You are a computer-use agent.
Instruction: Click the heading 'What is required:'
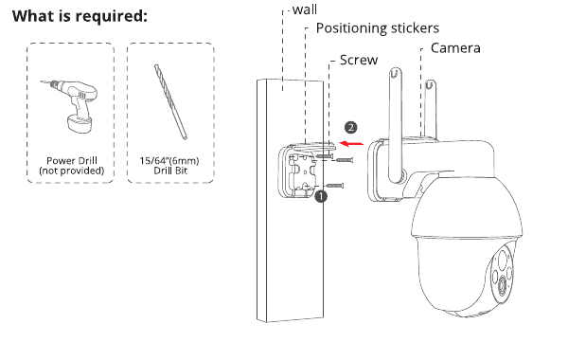pyautogui.click(x=80, y=16)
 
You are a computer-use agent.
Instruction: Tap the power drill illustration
pyautogui.click(x=69, y=106)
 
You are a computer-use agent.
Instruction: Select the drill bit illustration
pyautogui.click(x=170, y=102)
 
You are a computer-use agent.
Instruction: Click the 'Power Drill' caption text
pyautogui.click(x=72, y=161)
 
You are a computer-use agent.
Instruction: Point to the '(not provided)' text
pyautogui.click(x=72, y=171)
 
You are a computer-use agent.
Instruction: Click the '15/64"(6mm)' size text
pyautogui.click(x=169, y=161)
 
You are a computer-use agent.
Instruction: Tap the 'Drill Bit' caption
pyautogui.click(x=170, y=171)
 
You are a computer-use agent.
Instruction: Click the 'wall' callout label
pyautogui.click(x=305, y=9)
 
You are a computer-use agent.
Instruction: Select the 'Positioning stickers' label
pyautogui.click(x=378, y=28)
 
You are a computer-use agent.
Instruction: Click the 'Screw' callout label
pyautogui.click(x=359, y=60)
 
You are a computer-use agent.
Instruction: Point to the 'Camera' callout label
pyautogui.click(x=455, y=48)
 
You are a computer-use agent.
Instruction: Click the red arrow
pyautogui.click(x=351, y=144)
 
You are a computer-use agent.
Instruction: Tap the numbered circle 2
pyautogui.click(x=350, y=128)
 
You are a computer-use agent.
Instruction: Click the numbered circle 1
pyautogui.click(x=321, y=196)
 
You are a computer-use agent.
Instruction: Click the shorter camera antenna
pyautogui.click(x=429, y=109)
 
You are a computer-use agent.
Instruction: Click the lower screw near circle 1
pyautogui.click(x=334, y=186)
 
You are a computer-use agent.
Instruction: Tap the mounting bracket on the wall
pyautogui.click(x=300, y=171)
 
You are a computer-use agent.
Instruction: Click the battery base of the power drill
pyautogui.click(x=79, y=123)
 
